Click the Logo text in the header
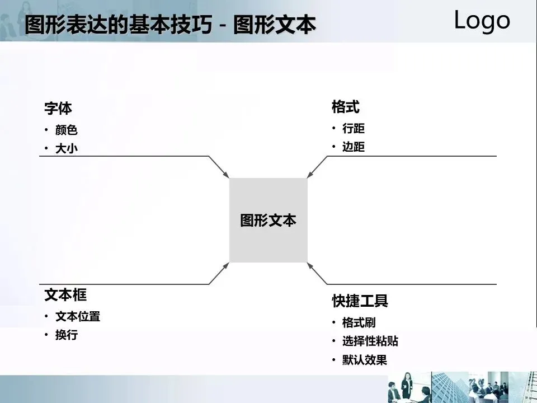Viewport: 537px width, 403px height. click(x=482, y=20)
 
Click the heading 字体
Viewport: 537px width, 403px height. click(x=58, y=108)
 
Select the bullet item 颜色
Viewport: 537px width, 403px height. click(x=66, y=130)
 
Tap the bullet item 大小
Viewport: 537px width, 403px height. click(x=66, y=148)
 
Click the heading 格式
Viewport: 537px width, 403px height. click(x=345, y=106)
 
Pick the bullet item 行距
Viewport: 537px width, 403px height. click(x=353, y=129)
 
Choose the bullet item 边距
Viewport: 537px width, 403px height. click(x=353, y=147)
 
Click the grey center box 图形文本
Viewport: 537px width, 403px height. click(x=268, y=220)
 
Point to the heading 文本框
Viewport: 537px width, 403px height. click(x=65, y=294)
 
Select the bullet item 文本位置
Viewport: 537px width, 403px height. click(x=78, y=316)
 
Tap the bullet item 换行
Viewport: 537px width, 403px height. click(x=66, y=335)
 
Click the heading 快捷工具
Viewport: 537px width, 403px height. click(x=360, y=301)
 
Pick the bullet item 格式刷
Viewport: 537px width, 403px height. click(x=359, y=323)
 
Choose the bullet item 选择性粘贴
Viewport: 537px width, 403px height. click(x=370, y=341)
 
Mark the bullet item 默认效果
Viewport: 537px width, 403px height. click(x=364, y=360)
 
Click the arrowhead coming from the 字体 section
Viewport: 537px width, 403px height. click(x=226, y=175)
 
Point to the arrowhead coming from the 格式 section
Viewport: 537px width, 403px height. click(x=311, y=175)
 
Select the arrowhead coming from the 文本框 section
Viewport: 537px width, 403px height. click(x=226, y=265)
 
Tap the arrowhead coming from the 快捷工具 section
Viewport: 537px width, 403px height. click(x=311, y=265)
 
